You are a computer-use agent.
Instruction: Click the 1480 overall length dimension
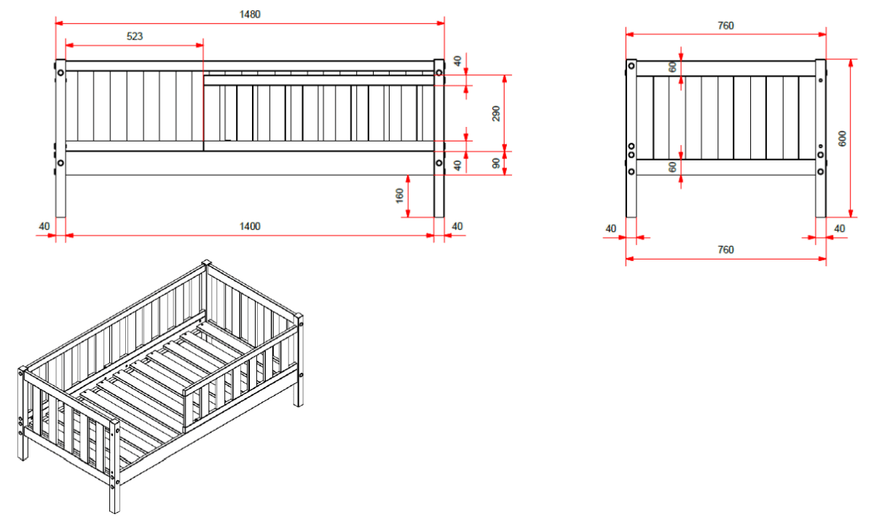point(249,14)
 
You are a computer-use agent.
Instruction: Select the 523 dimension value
point(134,36)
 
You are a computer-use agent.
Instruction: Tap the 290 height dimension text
point(496,113)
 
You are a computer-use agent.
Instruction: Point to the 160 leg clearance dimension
point(400,196)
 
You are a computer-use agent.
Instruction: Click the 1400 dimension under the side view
point(250,226)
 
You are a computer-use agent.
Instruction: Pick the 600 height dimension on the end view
point(842,139)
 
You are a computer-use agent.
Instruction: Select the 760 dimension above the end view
point(725,26)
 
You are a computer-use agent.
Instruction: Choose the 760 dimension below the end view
point(725,249)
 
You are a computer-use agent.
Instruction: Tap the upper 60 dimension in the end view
point(673,66)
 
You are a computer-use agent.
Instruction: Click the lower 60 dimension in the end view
point(673,167)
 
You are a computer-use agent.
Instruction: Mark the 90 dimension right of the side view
point(496,163)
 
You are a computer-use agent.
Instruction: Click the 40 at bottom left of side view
point(44,226)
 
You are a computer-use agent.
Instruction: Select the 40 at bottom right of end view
point(839,228)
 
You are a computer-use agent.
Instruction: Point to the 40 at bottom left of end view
point(610,228)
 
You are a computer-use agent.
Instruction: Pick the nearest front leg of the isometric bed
point(114,496)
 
